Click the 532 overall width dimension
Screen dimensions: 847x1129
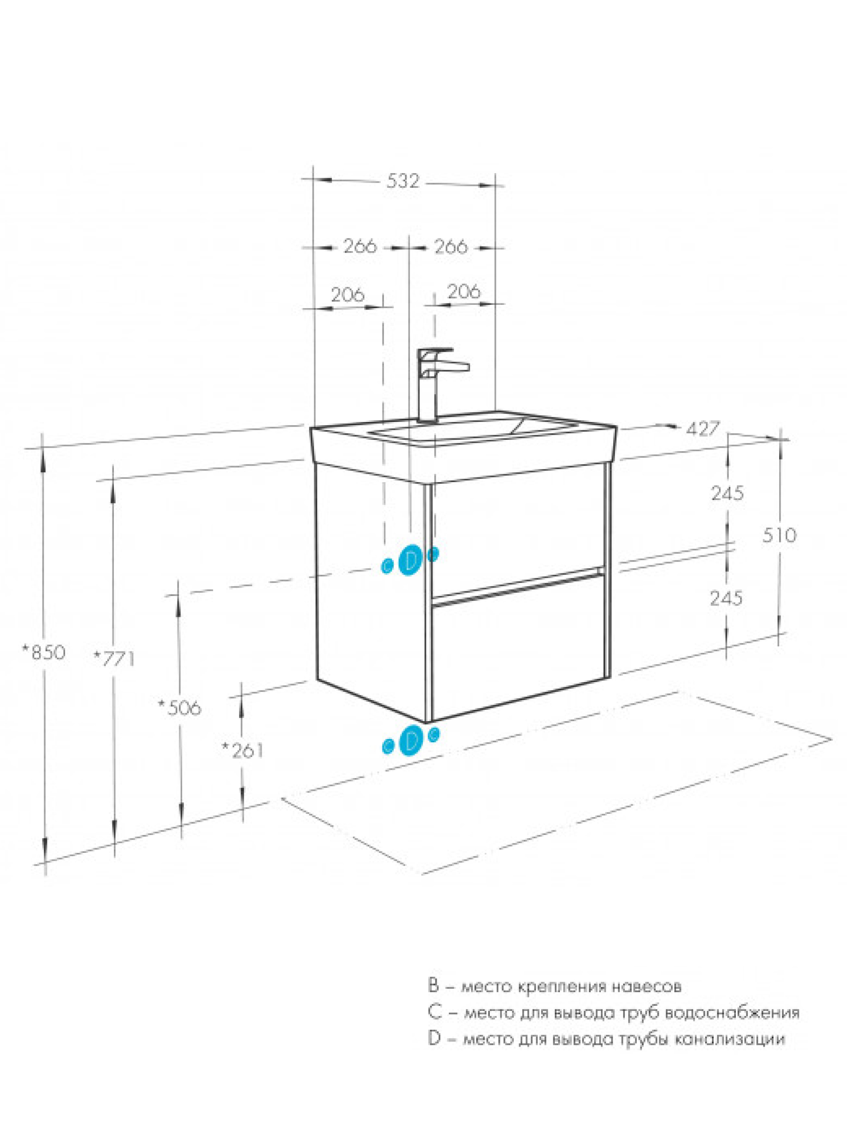[402, 181]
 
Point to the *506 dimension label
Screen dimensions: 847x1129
[179, 708]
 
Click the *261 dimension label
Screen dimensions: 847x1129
[242, 750]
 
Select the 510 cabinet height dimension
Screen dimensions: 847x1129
[779, 535]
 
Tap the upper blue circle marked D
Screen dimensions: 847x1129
[410, 559]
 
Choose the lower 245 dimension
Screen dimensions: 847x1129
[726, 598]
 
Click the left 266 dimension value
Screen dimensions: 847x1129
[360, 246]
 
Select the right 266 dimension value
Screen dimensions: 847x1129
[451, 246]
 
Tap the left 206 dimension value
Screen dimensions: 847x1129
[348, 294]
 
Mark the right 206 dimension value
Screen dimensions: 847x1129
[463, 291]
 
